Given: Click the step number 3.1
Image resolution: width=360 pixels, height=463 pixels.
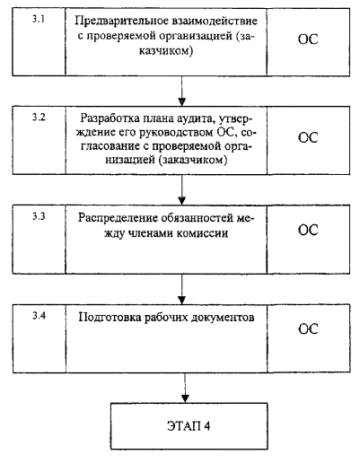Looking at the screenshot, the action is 39,20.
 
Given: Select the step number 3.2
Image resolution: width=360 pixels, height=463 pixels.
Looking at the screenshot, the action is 39,118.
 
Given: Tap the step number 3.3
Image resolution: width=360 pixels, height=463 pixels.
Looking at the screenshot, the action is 39,216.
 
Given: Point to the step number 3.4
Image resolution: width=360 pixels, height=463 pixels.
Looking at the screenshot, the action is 39,316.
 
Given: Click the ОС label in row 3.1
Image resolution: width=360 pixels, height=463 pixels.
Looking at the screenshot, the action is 308,39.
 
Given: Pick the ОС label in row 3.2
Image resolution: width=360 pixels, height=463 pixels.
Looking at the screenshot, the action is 308,137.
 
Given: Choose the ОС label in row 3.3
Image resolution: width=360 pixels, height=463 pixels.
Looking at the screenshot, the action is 308,230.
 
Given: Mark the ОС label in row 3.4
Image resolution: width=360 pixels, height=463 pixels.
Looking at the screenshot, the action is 308,329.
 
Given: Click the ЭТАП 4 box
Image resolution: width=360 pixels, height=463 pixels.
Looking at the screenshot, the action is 189,426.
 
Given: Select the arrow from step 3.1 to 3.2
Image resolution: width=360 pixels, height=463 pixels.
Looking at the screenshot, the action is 182,91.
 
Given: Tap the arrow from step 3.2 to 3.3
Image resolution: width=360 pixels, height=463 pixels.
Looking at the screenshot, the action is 182,189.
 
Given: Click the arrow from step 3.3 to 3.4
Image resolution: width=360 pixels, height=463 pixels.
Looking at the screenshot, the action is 182,289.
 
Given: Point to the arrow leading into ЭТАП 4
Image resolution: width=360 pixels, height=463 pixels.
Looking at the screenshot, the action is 185,388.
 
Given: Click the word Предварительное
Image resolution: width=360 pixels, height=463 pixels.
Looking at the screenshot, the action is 121,22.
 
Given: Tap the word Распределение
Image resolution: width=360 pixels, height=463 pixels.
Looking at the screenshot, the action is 118,219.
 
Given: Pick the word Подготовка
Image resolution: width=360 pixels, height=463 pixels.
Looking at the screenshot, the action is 110,318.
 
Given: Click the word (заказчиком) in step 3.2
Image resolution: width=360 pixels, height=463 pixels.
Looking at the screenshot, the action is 193,161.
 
